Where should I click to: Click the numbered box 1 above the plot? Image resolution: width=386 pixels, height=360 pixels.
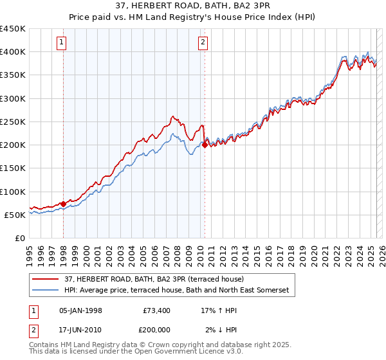(x=62, y=43)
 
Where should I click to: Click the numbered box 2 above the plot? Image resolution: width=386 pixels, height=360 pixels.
(x=203, y=43)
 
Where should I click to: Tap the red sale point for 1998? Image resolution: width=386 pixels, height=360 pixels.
(x=64, y=204)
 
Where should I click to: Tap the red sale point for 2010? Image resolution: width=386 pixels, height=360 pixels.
(x=205, y=145)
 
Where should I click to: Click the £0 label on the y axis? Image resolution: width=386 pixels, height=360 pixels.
(x=19, y=239)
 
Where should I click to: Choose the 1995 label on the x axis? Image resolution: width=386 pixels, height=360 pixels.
(x=30, y=251)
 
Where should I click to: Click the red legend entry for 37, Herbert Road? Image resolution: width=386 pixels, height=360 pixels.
(x=153, y=280)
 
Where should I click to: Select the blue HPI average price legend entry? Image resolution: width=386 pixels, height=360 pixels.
(x=177, y=291)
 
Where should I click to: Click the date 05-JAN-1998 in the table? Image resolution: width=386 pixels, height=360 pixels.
(x=80, y=310)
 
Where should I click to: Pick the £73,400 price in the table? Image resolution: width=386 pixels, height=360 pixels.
(x=156, y=310)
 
